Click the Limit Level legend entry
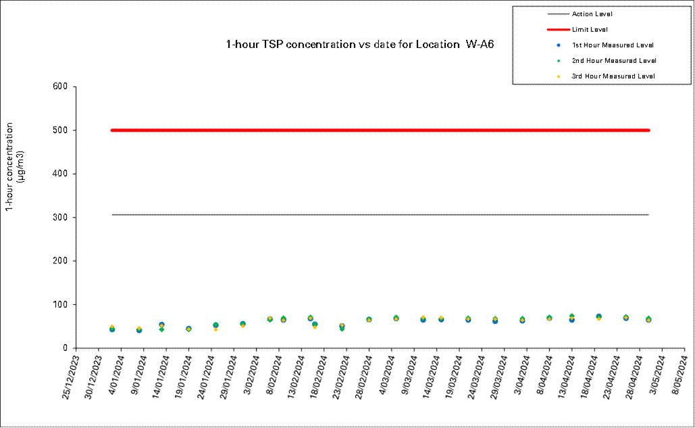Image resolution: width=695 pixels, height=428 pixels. [590, 29]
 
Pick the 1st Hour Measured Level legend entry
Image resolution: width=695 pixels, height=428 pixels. [613, 45]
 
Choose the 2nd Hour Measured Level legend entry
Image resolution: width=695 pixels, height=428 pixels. [613, 61]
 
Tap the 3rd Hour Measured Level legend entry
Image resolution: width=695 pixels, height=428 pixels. [613, 76]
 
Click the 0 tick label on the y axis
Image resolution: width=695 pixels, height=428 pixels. [66, 348]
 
